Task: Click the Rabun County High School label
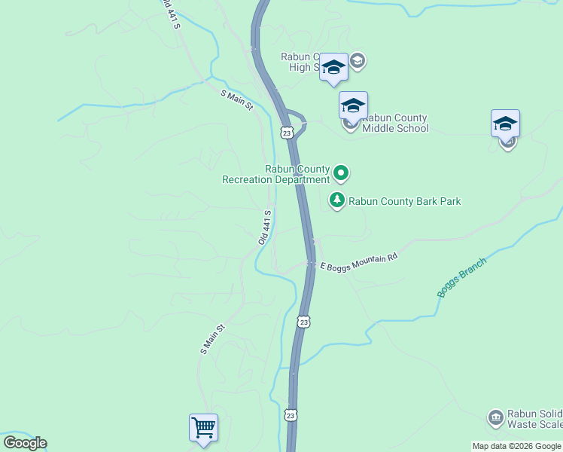(x=301, y=62)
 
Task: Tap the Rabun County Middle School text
(x=395, y=123)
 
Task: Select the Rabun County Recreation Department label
(x=276, y=174)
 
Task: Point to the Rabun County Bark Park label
(x=404, y=201)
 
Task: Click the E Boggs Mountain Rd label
(x=358, y=262)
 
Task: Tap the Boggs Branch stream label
(x=461, y=276)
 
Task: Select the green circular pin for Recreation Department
(x=341, y=174)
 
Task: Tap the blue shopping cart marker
(x=203, y=428)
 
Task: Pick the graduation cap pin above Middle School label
(x=352, y=105)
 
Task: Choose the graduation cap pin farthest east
(x=505, y=124)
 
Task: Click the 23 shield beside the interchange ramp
(x=286, y=133)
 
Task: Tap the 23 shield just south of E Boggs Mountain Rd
(x=303, y=322)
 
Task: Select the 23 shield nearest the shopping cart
(x=291, y=415)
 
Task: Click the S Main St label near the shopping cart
(x=213, y=339)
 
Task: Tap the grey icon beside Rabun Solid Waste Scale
(x=495, y=417)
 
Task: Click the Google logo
(x=25, y=443)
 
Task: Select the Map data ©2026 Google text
(x=516, y=446)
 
